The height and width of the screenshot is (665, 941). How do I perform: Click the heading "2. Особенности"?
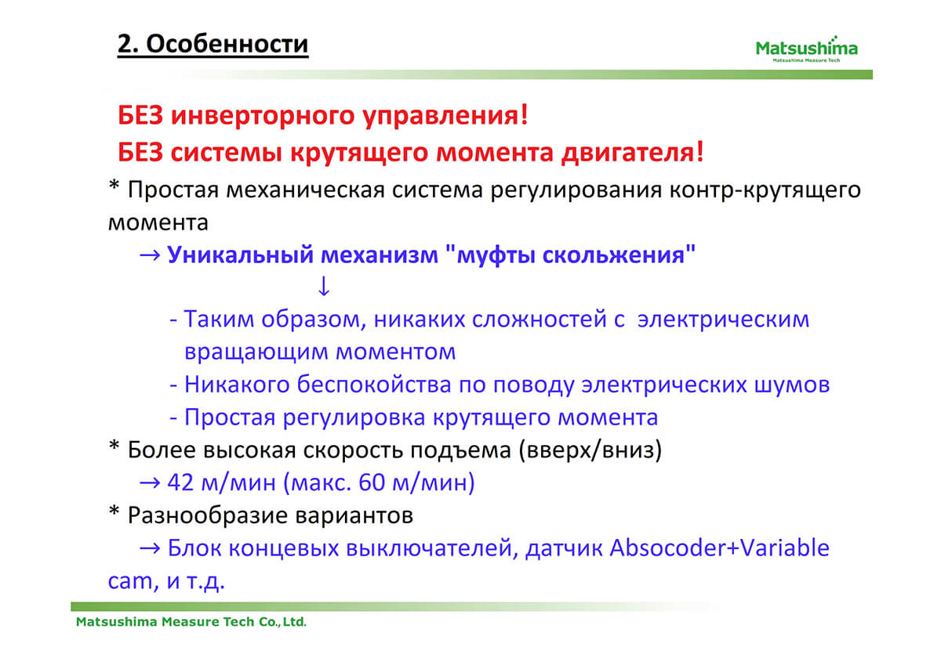(x=213, y=44)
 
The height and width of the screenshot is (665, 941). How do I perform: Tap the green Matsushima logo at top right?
(x=807, y=49)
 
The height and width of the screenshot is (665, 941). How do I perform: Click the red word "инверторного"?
(x=263, y=115)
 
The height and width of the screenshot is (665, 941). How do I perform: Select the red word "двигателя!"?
(x=633, y=152)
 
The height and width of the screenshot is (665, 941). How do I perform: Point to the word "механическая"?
(x=305, y=190)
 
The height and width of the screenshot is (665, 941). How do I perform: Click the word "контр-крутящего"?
(x=765, y=190)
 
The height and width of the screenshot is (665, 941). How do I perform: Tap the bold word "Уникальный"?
(x=240, y=255)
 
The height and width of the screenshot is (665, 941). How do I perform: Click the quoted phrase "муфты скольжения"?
(x=570, y=255)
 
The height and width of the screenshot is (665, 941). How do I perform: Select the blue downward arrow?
(x=323, y=286)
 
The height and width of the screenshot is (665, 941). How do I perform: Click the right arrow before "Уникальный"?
(x=150, y=255)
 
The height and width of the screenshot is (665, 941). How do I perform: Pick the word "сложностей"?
(x=540, y=320)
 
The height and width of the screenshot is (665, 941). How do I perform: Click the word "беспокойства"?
(x=374, y=385)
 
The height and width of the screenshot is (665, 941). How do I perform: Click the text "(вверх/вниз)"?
(x=590, y=450)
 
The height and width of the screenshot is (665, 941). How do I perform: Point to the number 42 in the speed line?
(x=180, y=482)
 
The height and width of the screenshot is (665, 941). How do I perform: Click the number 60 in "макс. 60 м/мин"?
(x=372, y=482)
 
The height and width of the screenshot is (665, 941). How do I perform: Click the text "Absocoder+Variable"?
(x=720, y=548)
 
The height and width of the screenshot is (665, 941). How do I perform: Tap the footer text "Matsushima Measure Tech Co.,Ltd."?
(x=191, y=622)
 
